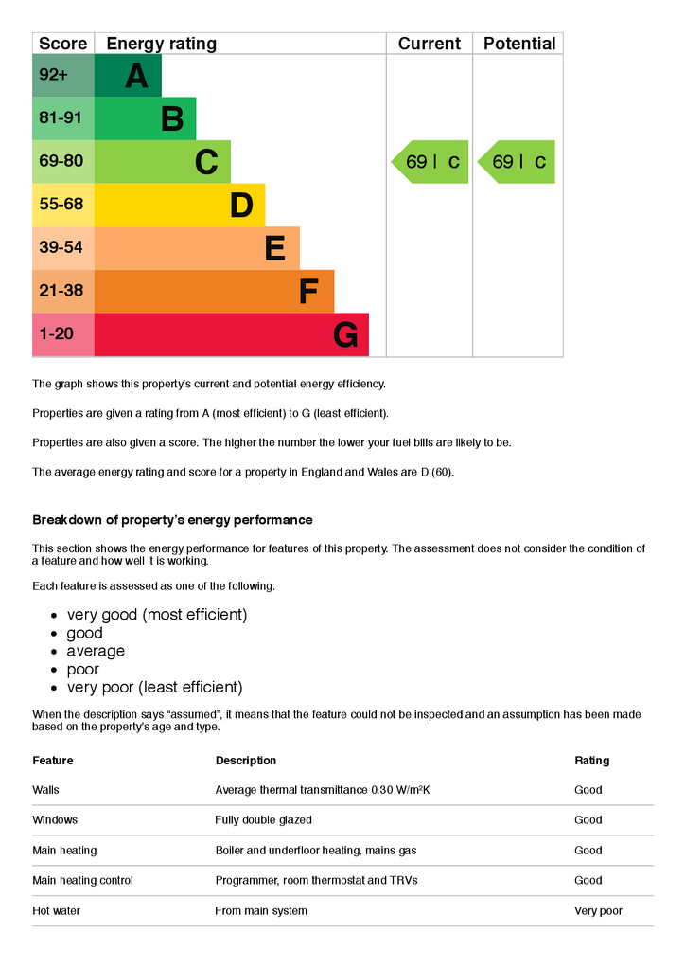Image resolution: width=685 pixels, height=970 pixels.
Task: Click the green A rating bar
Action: (x=128, y=76)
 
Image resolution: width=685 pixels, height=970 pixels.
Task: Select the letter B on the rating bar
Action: (x=172, y=119)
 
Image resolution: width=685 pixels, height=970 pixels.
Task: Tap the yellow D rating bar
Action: (x=180, y=206)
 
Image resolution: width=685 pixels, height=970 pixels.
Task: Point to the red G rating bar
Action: (x=232, y=335)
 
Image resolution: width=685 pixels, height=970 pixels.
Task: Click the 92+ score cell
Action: (x=63, y=76)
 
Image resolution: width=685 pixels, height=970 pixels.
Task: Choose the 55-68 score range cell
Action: (x=63, y=205)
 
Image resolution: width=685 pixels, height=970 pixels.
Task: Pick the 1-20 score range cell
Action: (x=63, y=335)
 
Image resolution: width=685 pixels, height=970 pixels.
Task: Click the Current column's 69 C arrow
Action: (x=431, y=162)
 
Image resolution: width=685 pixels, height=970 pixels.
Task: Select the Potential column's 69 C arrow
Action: (x=518, y=162)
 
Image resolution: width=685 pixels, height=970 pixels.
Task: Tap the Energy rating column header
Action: (x=162, y=44)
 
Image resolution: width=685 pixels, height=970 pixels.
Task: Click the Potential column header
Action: (x=518, y=44)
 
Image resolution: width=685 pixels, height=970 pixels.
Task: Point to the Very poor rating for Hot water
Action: (x=598, y=911)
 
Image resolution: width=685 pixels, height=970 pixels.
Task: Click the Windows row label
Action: (x=55, y=820)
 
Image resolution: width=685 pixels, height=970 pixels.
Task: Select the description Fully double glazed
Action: (x=263, y=820)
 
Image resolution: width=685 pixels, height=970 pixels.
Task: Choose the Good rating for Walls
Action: (x=588, y=790)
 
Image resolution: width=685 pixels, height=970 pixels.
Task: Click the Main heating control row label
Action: (x=82, y=881)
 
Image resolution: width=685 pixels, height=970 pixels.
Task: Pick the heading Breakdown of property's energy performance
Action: (x=172, y=520)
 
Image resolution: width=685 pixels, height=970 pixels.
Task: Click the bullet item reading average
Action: (x=96, y=652)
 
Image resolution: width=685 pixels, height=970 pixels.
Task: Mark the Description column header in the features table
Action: (x=246, y=761)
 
